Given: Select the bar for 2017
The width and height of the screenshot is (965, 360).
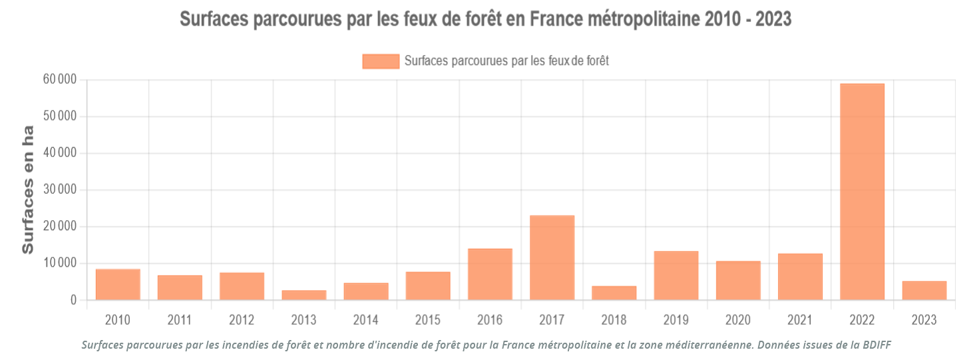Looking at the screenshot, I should click(x=552, y=258).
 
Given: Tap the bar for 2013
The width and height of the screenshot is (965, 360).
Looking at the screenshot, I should click(x=304, y=295).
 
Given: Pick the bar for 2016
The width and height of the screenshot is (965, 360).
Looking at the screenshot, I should click(x=490, y=274).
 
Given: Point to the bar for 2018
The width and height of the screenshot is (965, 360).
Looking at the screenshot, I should click(x=614, y=293).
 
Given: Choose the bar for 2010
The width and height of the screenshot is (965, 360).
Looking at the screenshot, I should click(x=118, y=284).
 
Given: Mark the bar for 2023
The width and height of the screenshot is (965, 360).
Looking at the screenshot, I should click(x=924, y=291).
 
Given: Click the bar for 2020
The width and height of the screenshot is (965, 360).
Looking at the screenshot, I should click(x=738, y=280).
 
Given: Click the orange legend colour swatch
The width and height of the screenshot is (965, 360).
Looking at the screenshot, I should click(x=381, y=61).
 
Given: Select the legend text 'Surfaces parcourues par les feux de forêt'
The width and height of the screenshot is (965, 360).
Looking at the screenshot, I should click(x=506, y=61).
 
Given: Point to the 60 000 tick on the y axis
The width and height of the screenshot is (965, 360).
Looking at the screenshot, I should click(x=59, y=80).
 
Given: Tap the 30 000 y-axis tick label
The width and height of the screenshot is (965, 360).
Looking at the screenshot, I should click(x=59, y=190).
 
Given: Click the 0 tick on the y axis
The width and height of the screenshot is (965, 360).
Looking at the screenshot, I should click(x=74, y=300).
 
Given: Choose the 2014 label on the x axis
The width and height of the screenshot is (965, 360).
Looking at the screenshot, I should click(x=366, y=320).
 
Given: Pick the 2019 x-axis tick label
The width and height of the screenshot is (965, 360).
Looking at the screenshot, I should click(x=676, y=320).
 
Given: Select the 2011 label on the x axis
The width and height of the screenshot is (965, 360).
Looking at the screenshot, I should click(x=180, y=320).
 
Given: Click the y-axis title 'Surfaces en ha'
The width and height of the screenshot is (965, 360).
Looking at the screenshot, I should click(x=28, y=190).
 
